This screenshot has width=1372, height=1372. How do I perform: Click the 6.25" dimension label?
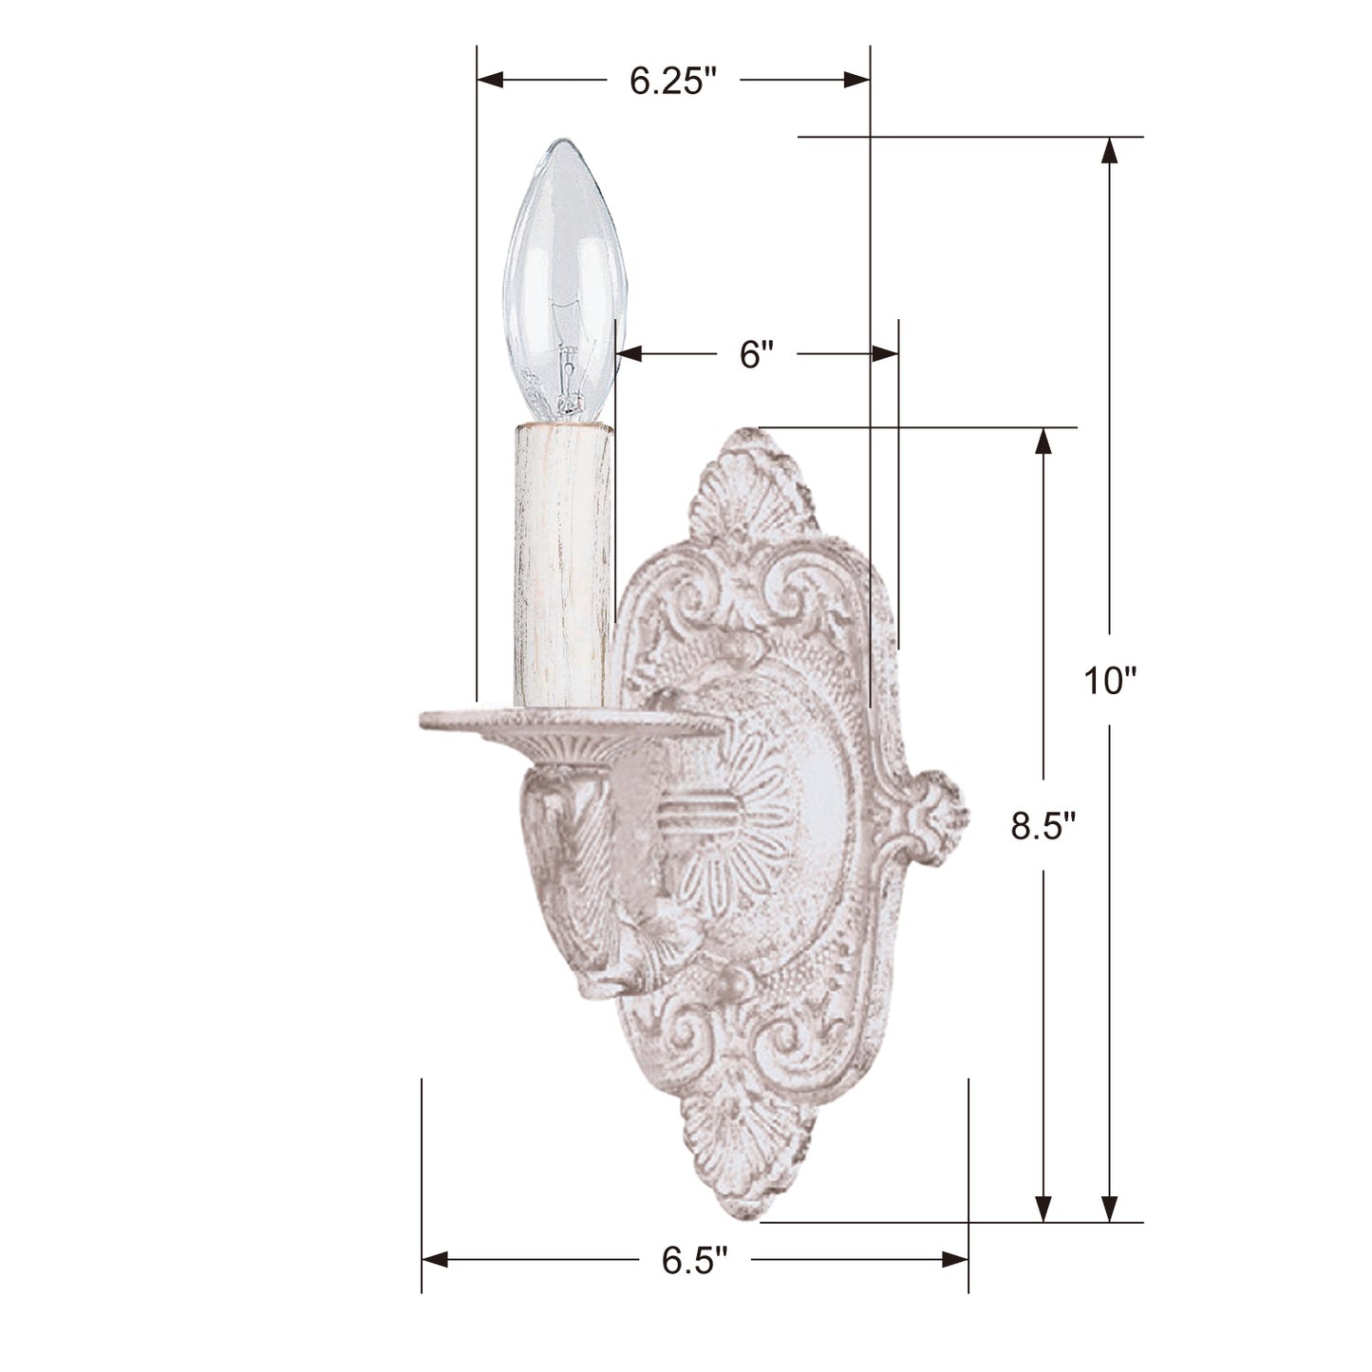coord(671,81)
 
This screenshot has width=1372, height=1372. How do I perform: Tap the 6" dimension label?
coord(756,354)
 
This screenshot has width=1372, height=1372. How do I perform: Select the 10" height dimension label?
coord(1107,681)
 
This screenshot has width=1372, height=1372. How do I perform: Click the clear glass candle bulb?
coord(563,280)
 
